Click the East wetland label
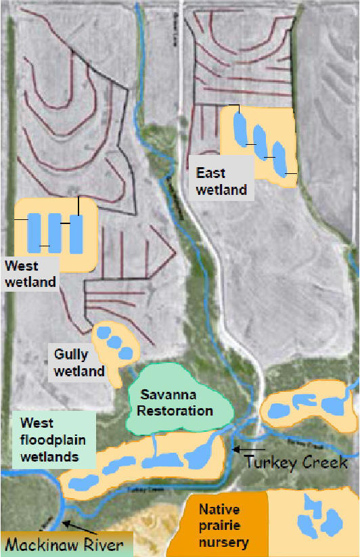tap(221, 181)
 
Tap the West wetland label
tap(30, 274)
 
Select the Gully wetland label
tap(80, 361)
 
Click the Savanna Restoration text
tap(176, 402)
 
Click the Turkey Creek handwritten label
tap(296, 463)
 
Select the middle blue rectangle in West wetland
tap(55, 232)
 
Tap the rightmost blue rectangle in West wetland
tap(76, 233)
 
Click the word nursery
tap(223, 542)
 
